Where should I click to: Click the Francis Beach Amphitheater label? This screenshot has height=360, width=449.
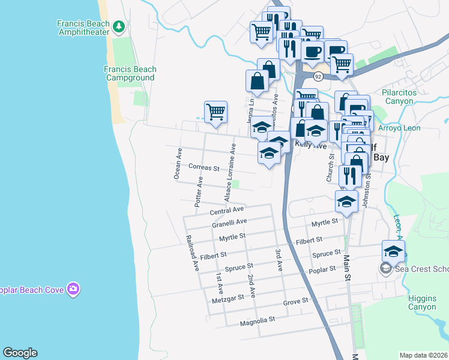(84, 29)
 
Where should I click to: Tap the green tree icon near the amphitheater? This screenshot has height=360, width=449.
(119, 25)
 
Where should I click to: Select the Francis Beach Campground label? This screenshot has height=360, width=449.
(129, 73)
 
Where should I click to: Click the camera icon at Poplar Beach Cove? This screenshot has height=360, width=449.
(73, 289)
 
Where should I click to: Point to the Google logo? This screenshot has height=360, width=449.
(20, 353)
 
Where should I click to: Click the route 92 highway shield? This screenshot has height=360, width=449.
(318, 77)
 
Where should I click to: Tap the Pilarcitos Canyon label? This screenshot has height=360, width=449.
(406, 97)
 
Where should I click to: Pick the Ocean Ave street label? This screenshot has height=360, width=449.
(178, 163)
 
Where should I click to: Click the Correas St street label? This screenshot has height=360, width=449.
(203, 168)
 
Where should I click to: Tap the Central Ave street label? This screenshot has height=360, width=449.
(227, 211)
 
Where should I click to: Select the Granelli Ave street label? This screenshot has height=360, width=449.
(229, 223)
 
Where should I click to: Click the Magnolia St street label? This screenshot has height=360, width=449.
(257, 320)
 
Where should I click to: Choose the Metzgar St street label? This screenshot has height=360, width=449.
(228, 297)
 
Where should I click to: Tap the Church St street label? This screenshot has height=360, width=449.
(330, 167)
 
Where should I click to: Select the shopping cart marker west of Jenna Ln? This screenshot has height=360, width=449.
(215, 112)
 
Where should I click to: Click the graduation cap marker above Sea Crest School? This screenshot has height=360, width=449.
(393, 251)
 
